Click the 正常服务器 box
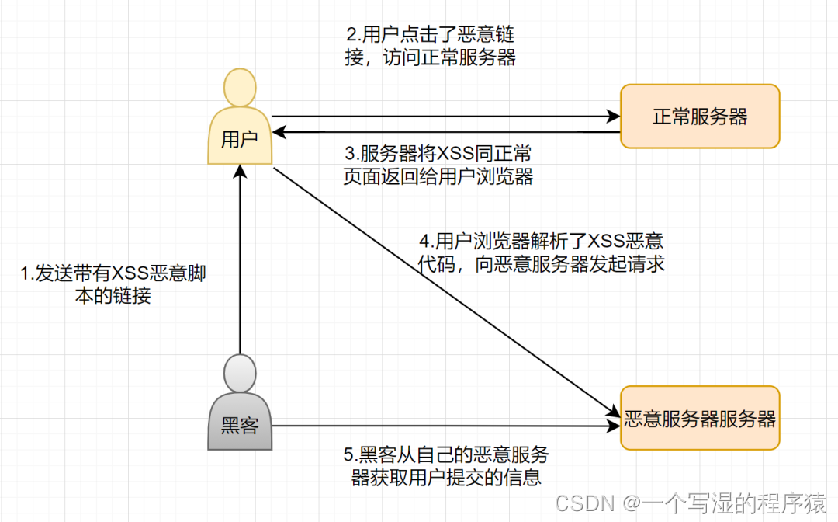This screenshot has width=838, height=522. pos(699,117)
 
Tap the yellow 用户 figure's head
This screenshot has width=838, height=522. pos(239,87)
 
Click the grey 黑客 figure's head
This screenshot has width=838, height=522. pos(239,373)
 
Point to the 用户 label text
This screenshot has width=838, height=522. pos(239,140)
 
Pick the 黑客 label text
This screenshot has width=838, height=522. pos(239,426)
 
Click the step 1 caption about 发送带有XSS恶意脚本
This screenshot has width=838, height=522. pos(113,284)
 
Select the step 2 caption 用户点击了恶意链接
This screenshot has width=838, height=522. pos(430,47)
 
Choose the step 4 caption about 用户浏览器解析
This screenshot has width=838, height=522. pos(541,252)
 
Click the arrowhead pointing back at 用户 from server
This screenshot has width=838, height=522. pos(279,134)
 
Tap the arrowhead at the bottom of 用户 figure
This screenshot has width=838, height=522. pos(240,171)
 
